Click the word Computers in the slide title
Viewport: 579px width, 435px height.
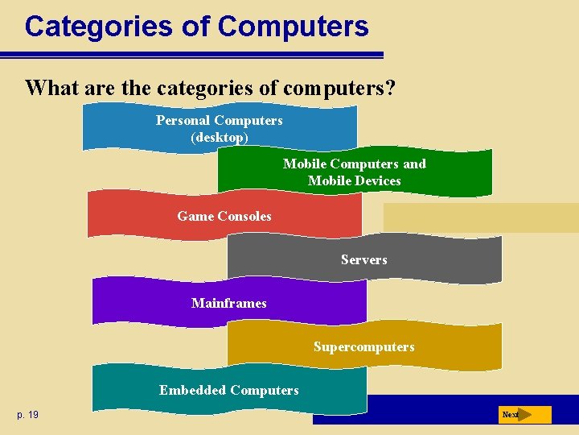pyautogui.click(x=293, y=27)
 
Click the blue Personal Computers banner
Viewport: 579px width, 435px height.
pyautogui.click(x=220, y=128)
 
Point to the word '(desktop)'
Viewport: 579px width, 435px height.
pyautogui.click(x=220, y=137)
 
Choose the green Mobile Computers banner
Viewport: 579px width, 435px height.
pyautogui.click(x=354, y=172)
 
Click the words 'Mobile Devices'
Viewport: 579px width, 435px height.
pyautogui.click(x=354, y=181)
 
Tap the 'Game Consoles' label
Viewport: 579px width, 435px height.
pyautogui.click(x=224, y=216)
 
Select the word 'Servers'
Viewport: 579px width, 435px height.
pyautogui.click(x=363, y=259)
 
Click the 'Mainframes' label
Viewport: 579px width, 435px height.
pyautogui.click(x=229, y=303)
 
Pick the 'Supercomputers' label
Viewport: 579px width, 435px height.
pyautogui.click(x=363, y=347)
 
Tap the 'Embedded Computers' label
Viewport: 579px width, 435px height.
pyautogui.click(x=228, y=391)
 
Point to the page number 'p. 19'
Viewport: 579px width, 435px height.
pyautogui.click(x=27, y=415)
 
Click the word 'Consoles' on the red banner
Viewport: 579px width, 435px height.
pyautogui.click(x=244, y=216)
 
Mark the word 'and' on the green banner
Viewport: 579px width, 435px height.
pyautogui.click(x=414, y=164)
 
